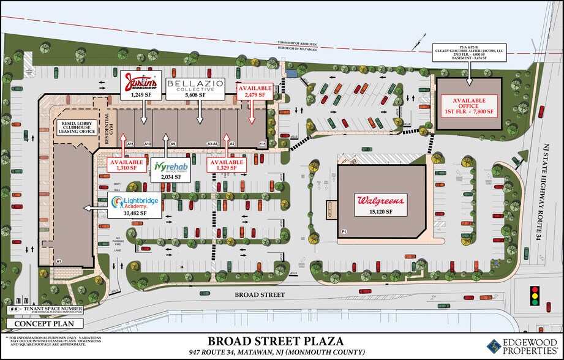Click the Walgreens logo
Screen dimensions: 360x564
(x=380, y=201)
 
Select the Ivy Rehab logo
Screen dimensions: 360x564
(x=167, y=167)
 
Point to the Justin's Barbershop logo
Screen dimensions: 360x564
(x=141, y=81)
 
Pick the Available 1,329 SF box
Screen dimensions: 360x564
(x=226, y=163)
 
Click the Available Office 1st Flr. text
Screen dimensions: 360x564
(x=469, y=105)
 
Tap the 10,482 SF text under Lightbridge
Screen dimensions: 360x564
(x=135, y=213)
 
